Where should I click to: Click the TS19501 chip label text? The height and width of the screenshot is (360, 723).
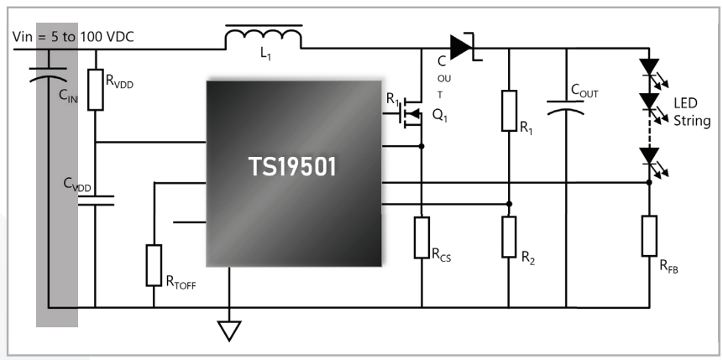point(293,166)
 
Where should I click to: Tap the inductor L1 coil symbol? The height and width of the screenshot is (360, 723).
point(264,37)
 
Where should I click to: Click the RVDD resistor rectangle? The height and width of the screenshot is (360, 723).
point(96,90)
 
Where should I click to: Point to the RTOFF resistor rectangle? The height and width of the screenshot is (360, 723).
point(154,265)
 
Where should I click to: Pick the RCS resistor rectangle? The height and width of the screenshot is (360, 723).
point(422,237)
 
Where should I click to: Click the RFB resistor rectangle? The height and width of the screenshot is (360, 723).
point(649,236)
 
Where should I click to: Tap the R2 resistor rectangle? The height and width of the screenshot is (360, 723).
point(509,237)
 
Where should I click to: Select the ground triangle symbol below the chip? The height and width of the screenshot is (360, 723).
point(229,331)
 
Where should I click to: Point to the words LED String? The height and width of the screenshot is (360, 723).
point(692,112)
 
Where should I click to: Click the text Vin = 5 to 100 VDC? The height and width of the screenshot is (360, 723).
point(73,37)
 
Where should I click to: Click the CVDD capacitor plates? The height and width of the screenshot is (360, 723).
point(96,200)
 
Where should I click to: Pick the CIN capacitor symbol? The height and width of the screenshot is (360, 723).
point(48,74)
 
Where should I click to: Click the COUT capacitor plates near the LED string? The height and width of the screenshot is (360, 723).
point(566,107)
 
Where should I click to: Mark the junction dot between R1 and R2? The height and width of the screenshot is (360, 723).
point(509,204)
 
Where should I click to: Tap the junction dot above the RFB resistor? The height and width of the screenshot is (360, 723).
point(649,183)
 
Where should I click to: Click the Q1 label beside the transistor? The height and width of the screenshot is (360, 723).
point(440,116)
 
